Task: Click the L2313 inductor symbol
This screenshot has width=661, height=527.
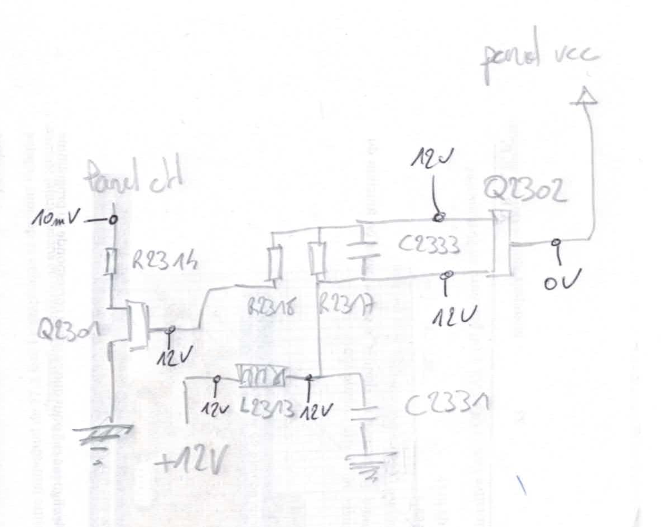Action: tap(262, 377)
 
